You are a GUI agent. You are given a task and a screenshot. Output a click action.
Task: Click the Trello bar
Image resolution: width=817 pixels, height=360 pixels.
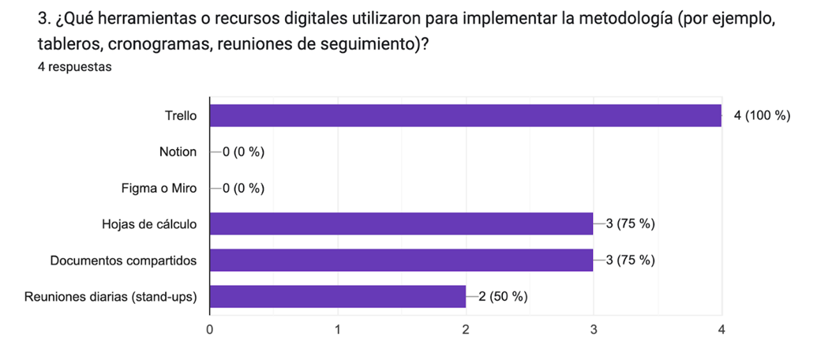pos(465,115)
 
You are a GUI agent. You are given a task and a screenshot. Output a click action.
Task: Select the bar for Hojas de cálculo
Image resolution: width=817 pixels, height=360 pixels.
pos(401,224)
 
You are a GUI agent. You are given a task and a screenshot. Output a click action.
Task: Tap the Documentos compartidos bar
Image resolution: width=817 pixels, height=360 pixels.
pos(401,261)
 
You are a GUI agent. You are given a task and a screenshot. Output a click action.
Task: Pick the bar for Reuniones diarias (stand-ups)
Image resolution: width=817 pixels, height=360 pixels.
pos(337,297)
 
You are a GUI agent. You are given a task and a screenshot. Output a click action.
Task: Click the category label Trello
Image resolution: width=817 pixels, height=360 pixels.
pos(180,115)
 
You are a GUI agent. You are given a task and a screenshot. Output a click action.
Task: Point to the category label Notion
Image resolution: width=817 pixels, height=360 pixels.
pos(178,152)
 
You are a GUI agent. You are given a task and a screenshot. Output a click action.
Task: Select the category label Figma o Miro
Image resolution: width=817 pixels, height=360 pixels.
pos(159,188)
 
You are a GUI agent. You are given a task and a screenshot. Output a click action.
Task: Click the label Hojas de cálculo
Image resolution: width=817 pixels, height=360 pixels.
pos(149,224)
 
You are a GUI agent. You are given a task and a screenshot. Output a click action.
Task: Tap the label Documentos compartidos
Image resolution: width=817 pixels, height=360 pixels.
pos(123,261)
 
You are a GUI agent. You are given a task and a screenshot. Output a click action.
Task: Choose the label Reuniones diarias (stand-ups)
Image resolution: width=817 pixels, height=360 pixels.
pos(111,297)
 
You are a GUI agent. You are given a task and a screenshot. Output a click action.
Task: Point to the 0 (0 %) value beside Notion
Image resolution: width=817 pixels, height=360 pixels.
pos(243,152)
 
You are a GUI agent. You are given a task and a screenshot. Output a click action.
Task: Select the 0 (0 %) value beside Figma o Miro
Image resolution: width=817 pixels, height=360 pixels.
pos(243,188)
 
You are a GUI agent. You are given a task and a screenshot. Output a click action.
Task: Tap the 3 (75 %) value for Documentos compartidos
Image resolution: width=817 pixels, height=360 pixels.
pos(630,261)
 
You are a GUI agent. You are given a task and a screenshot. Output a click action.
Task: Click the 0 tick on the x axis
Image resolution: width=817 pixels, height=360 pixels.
pos(209,328)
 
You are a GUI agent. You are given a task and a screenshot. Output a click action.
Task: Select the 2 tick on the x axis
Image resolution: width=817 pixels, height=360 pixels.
pos(466,328)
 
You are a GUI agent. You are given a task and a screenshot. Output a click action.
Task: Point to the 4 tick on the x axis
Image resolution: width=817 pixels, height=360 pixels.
pos(721,328)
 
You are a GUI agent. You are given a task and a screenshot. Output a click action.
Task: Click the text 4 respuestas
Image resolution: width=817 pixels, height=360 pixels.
pos(74,67)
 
